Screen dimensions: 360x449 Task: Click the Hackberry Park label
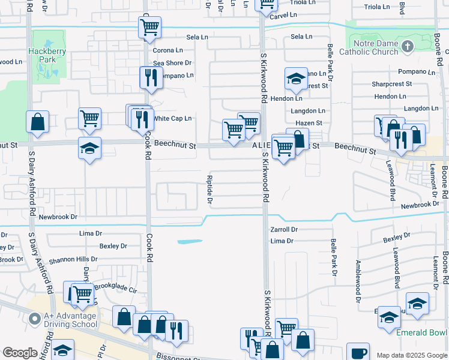point(43,56)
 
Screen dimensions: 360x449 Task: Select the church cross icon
point(408,47)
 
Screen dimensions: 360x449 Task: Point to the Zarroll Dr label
point(284,229)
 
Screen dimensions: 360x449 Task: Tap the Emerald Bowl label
point(421,332)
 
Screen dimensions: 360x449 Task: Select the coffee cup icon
point(360,353)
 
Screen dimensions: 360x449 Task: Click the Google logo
point(20,353)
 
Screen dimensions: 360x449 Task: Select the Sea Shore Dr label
point(172,63)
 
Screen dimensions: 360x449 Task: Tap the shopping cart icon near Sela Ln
point(149,26)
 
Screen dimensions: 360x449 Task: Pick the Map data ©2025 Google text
point(412,355)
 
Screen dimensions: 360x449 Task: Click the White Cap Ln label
point(173,118)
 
